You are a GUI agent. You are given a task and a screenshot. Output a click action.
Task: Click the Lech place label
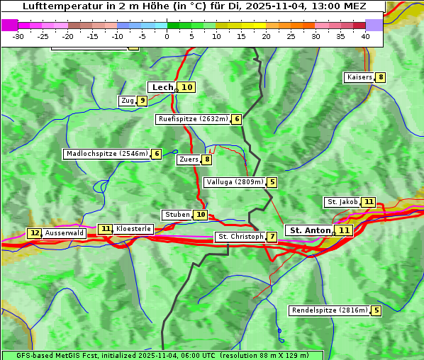[x=162, y=87]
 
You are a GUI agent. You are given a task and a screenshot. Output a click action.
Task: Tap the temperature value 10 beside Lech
[x=186, y=87]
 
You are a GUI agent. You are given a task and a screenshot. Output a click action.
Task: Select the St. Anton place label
[x=311, y=230]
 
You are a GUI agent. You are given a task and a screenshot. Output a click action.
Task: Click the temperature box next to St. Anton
[x=344, y=230]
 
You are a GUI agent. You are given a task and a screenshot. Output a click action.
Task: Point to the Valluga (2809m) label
[x=235, y=182]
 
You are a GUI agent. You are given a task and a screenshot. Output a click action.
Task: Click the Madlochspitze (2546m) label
[x=106, y=154]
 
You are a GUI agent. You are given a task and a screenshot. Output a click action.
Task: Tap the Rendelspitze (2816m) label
[x=330, y=310]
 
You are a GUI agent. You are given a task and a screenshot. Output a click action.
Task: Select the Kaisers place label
[x=359, y=77]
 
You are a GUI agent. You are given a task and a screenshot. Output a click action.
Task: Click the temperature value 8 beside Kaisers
[x=381, y=77]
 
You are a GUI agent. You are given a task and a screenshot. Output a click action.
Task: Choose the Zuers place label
[x=189, y=159]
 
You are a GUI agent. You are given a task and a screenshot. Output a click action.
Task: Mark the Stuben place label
[x=177, y=215]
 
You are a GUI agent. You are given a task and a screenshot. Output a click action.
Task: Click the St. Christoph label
[x=240, y=237]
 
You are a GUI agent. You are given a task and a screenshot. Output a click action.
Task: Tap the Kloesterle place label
[x=133, y=229]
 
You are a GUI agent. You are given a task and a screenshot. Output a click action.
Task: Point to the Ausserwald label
[x=65, y=233]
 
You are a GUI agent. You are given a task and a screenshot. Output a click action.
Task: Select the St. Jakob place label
[x=342, y=202]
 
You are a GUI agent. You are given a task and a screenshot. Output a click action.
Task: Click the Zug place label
[x=128, y=101]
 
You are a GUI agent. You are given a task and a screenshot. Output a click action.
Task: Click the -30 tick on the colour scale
[x=18, y=36]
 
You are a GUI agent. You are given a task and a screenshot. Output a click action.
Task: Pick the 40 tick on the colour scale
[x=365, y=36]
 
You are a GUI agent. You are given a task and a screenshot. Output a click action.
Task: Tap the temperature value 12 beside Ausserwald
[x=34, y=233]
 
